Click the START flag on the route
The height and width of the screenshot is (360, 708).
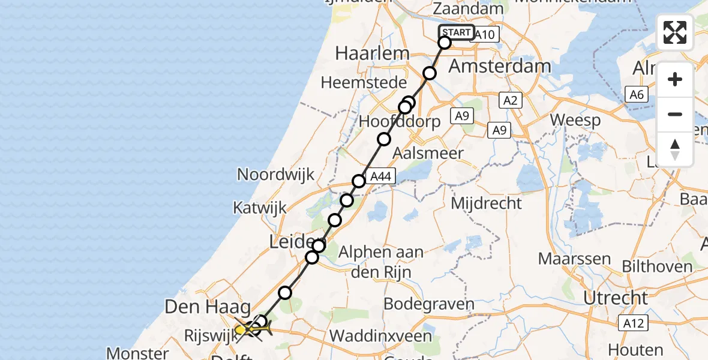(x=456, y=32)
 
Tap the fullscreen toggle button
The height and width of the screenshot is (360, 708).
(x=675, y=32)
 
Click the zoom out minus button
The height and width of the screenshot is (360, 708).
(x=675, y=114)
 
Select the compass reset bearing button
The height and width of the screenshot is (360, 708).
(x=675, y=149)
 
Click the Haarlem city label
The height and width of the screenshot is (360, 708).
(x=372, y=53)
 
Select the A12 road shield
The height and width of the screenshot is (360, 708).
(x=634, y=324)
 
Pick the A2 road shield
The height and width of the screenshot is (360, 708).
(x=510, y=101)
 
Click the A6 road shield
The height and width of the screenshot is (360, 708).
(x=637, y=94)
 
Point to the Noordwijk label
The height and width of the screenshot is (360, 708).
(x=276, y=175)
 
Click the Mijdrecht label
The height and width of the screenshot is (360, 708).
(x=486, y=203)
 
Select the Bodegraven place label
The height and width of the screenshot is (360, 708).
(x=428, y=304)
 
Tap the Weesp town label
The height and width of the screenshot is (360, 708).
(x=575, y=120)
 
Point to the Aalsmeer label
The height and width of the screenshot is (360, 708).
(x=428, y=153)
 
